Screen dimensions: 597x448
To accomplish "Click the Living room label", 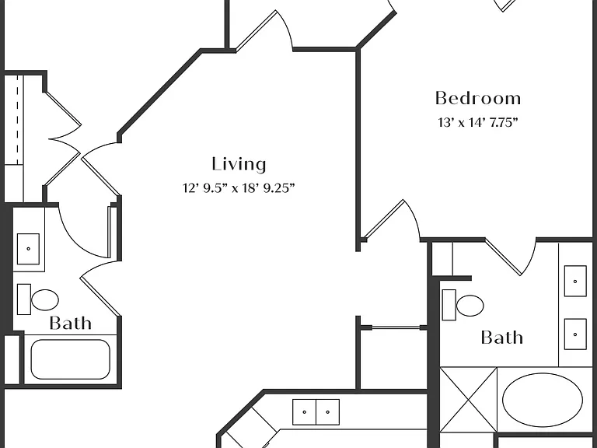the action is coord(239,165).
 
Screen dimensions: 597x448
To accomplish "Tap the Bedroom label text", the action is coord(478,98).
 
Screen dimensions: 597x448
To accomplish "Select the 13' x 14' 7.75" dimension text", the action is coord(478,123).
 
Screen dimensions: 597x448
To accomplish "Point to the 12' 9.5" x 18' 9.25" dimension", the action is coord(239,188).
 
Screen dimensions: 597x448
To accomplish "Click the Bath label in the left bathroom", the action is coord(71,323).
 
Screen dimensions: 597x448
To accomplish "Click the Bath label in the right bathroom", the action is coord(502,338).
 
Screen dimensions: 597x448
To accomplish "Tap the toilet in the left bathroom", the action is coord(38,299).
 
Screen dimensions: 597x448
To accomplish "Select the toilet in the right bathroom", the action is coord(463,305).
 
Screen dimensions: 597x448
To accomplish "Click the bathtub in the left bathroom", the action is coord(71,359).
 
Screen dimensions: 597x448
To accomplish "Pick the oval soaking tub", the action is coord(542,400).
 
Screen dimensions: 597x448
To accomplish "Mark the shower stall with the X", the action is coord(468,400).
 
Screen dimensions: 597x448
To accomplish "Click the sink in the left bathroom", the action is coord(28,249).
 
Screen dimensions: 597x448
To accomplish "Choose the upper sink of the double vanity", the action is coord(575,281).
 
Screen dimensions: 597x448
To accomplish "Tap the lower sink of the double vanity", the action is coord(575,334).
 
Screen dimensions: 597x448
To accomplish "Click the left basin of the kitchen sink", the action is coord(304,411).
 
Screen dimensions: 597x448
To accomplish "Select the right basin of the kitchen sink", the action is coord(328,411).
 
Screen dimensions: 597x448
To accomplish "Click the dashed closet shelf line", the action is coord(18,120).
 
